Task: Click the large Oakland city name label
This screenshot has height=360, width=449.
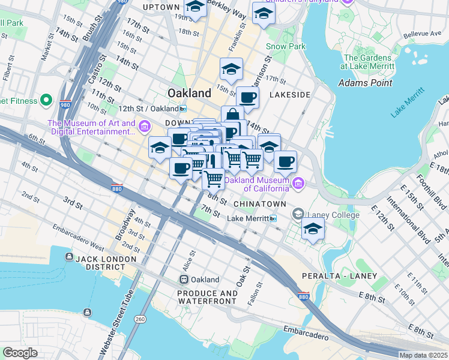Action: tap(189, 93)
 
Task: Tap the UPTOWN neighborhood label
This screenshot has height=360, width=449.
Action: tap(161, 7)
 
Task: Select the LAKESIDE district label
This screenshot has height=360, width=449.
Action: tap(290, 95)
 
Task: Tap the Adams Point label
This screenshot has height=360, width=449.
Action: tap(365, 83)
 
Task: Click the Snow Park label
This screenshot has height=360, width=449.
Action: tap(286, 46)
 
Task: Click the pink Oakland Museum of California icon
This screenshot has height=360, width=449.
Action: tap(298, 182)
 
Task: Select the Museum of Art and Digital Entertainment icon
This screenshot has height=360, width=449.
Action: tap(144, 127)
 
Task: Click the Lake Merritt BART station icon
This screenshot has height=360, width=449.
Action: tap(273, 219)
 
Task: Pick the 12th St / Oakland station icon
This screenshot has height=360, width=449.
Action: tap(183, 109)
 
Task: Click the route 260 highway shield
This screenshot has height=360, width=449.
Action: tap(140, 318)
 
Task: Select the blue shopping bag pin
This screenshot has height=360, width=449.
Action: tap(232, 115)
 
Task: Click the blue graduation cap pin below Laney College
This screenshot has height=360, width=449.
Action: tap(313, 229)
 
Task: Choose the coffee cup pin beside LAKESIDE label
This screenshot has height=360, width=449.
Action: tap(247, 97)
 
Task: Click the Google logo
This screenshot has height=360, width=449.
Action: tap(19, 353)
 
